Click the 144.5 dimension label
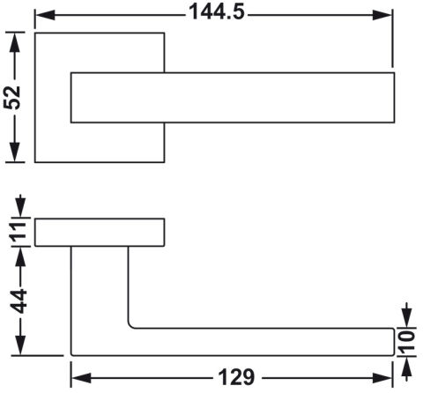[x=217, y=12]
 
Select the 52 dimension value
[x=12, y=98]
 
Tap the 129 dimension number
[x=236, y=377]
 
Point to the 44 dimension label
[x=19, y=301]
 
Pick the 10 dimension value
[x=407, y=342]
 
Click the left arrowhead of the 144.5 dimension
[x=45, y=15]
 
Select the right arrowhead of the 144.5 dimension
[x=382, y=15]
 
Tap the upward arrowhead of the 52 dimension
[x=14, y=42]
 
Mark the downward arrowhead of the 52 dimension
[x=14, y=152]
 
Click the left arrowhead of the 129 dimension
[x=81, y=378]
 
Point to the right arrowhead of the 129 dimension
[x=382, y=378]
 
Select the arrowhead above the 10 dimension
[x=407, y=318]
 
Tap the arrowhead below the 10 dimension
[x=407, y=367]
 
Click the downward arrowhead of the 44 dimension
[x=20, y=345]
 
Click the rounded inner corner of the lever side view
[x=130, y=325]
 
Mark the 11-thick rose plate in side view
[x=100, y=233]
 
